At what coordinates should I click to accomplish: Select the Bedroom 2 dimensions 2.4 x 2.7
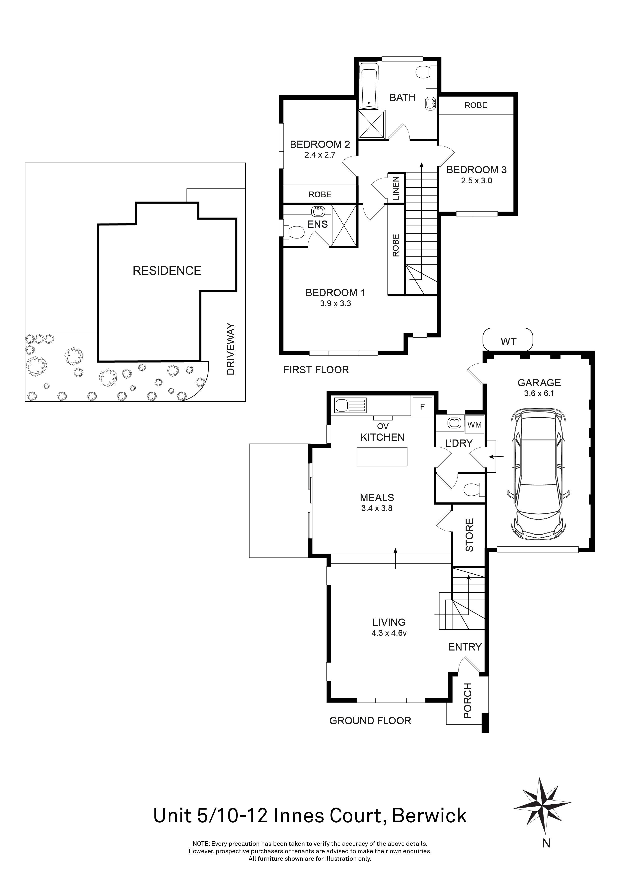coord(320,155)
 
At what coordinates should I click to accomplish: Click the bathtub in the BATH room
coord(369,87)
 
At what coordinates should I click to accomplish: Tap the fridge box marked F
coord(422,407)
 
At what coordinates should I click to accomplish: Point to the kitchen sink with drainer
coord(350,405)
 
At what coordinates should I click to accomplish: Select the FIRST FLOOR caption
coord(316,370)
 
